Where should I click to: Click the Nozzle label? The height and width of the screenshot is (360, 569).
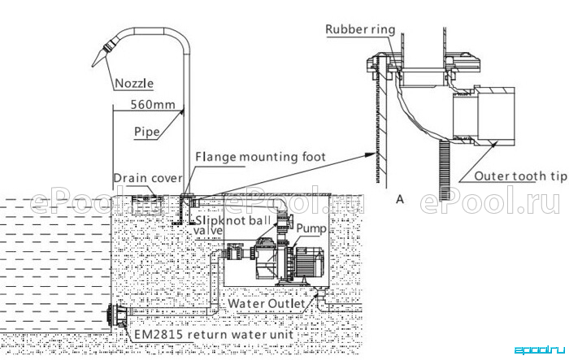[134, 84]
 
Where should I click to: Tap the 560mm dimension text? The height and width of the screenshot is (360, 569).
[153, 105]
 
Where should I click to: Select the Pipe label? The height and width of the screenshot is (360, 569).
[147, 132]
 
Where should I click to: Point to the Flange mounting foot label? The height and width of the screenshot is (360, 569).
[260, 157]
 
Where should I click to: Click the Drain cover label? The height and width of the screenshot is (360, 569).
[148, 178]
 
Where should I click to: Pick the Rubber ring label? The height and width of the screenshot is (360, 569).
[360, 29]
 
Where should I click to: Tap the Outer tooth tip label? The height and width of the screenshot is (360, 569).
[520, 176]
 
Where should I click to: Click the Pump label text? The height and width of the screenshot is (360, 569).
[311, 228]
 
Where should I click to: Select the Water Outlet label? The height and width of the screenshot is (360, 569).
[267, 303]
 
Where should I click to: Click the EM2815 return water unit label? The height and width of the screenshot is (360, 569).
[214, 334]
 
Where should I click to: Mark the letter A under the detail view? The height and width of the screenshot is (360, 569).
[400, 199]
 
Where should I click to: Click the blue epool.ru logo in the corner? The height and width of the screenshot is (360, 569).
[540, 349]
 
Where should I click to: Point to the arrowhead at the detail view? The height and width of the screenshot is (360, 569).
[370, 155]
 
